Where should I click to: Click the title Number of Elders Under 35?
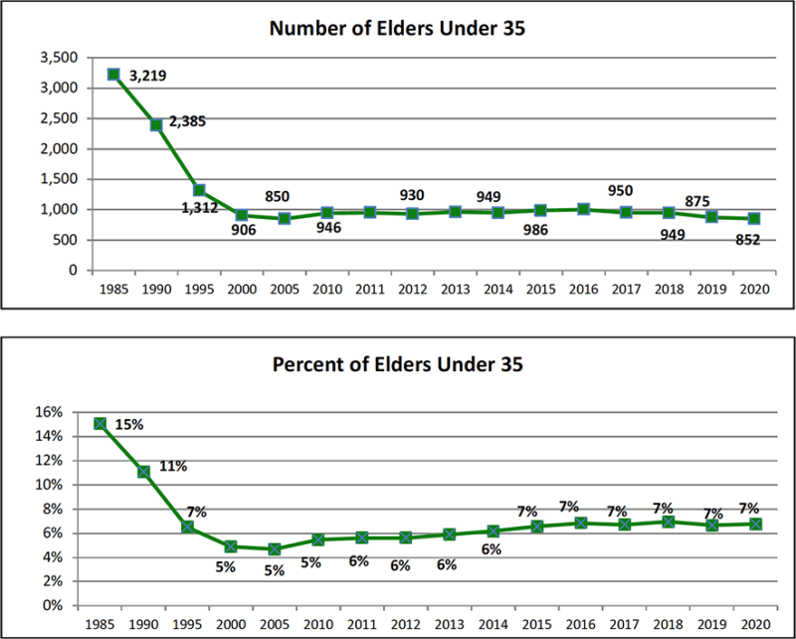[397, 28]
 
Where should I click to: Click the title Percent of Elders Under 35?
[397, 364]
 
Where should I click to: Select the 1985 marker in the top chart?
[113, 75]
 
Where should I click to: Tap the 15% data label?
[129, 424]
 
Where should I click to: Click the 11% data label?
[173, 465]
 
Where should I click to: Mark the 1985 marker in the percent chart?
[100, 423]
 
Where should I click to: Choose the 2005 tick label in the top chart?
[285, 290]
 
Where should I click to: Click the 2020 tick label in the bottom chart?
[756, 624]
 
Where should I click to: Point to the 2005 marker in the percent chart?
[275, 548]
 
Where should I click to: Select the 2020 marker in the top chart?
[754, 218]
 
